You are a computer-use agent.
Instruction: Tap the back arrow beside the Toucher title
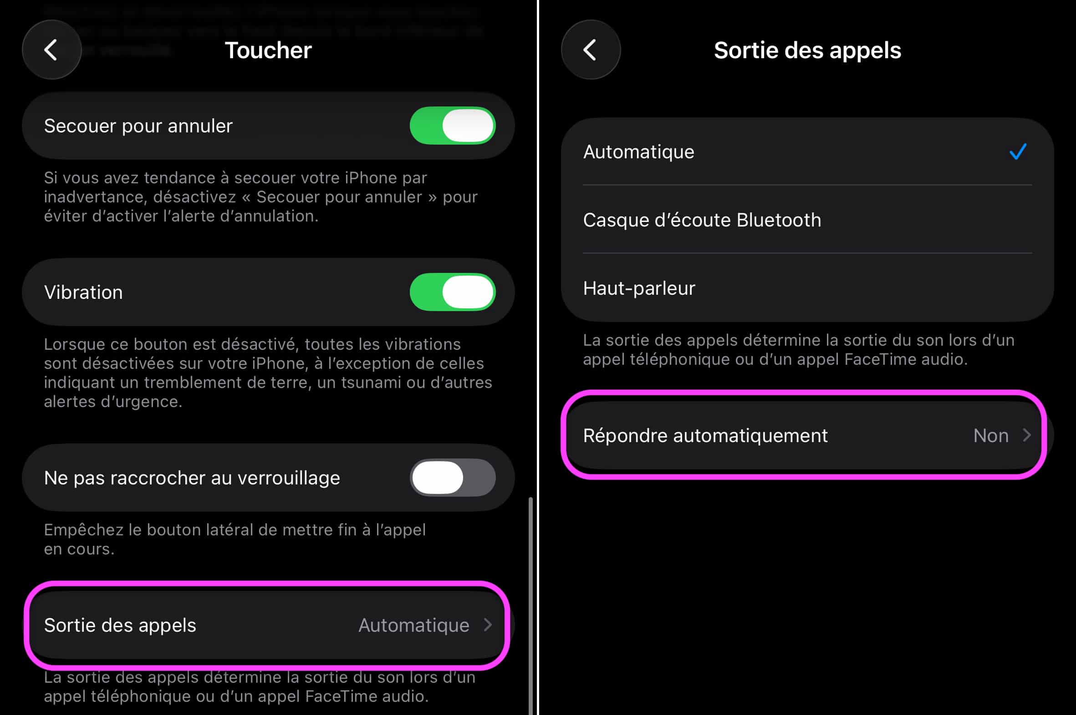pyautogui.click(x=51, y=50)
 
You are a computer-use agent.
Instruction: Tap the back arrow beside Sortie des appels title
pyautogui.click(x=590, y=50)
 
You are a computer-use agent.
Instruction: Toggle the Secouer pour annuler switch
pyautogui.click(x=452, y=126)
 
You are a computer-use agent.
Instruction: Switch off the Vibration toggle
pyautogui.click(x=452, y=292)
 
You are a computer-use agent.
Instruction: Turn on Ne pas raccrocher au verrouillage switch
pyautogui.click(x=452, y=478)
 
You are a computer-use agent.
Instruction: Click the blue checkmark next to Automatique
pyautogui.click(x=1018, y=151)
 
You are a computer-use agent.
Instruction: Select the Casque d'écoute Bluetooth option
pyautogui.click(x=702, y=220)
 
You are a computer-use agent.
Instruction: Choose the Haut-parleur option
pyautogui.click(x=639, y=288)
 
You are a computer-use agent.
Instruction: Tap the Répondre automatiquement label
pyautogui.click(x=705, y=435)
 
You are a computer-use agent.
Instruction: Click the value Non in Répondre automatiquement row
pyautogui.click(x=990, y=435)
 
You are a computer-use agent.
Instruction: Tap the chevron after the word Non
pyautogui.click(x=1027, y=435)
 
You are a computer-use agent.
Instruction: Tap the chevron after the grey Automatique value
pyautogui.click(x=488, y=624)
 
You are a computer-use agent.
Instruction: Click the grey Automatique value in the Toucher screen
pyautogui.click(x=413, y=625)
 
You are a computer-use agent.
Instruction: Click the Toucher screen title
pyautogui.click(x=268, y=50)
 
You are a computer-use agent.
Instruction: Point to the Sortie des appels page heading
pyautogui.click(x=807, y=50)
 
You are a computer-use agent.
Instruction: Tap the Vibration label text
pyautogui.click(x=83, y=292)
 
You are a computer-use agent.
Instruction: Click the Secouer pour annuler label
pyautogui.click(x=138, y=126)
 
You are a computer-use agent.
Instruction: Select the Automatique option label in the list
pyautogui.click(x=638, y=152)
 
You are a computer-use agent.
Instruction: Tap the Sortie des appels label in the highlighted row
pyautogui.click(x=120, y=625)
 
